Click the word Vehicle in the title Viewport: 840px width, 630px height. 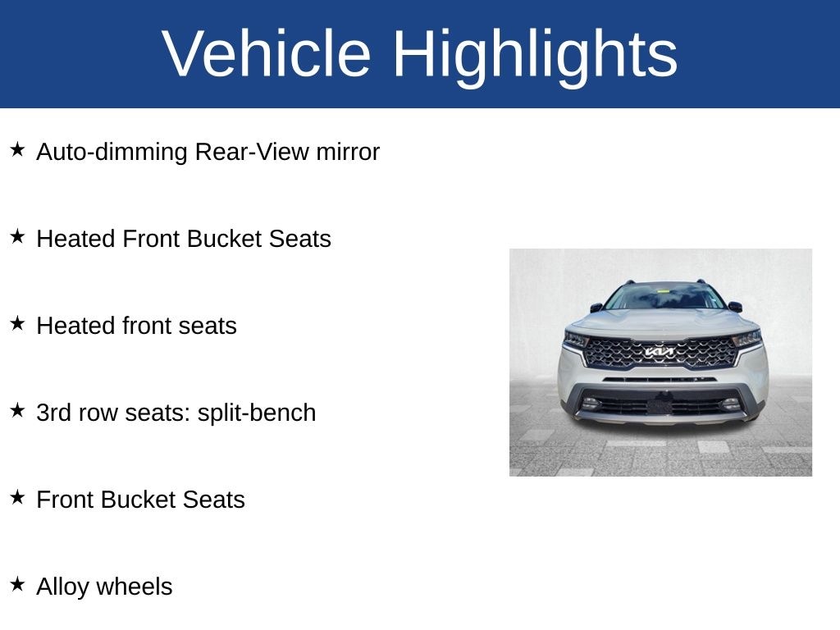(267, 53)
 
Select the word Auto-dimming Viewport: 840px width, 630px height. (112, 152)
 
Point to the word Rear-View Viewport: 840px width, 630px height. (251, 152)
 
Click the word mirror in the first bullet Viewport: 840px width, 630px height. (348, 152)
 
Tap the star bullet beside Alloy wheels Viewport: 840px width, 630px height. (17, 584)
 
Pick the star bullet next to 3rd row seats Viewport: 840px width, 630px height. (17, 410)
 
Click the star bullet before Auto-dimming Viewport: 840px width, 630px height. (17, 149)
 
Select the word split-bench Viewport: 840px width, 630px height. (257, 413)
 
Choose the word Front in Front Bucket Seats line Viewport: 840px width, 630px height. (65, 500)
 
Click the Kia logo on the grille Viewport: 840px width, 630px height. (660, 352)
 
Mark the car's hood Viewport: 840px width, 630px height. (663, 323)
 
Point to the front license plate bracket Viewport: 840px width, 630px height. (660, 405)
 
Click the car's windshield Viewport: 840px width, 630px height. (664, 296)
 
